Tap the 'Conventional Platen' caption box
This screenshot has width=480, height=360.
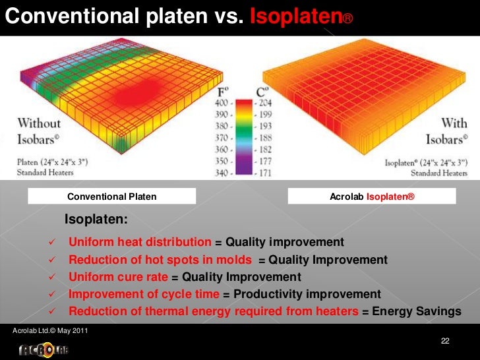(112, 196)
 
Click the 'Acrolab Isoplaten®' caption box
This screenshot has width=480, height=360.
(372, 196)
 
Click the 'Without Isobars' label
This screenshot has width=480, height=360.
(39, 130)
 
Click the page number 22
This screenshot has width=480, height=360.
(445, 340)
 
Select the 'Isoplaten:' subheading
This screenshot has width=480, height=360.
(96, 219)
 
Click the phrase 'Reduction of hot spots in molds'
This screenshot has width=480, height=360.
(160, 259)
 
